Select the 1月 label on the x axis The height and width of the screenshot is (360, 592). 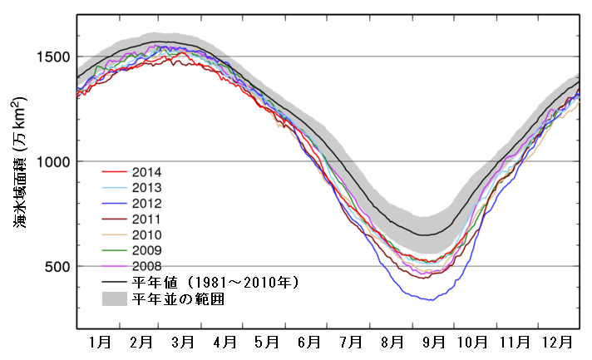tap(99, 341)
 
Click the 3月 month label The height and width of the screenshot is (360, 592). tap(182, 341)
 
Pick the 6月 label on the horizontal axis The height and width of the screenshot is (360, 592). tap(309, 341)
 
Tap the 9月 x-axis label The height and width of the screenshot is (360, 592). tap(434, 341)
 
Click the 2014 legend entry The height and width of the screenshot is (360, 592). tap(146, 172)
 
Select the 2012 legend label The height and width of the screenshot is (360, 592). tap(146, 203)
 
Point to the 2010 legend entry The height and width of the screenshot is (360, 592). tap(146, 234)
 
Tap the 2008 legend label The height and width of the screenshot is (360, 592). tap(146, 265)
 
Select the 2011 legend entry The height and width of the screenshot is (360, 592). tap(146, 219)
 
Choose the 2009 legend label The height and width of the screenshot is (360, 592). tap(146, 249)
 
